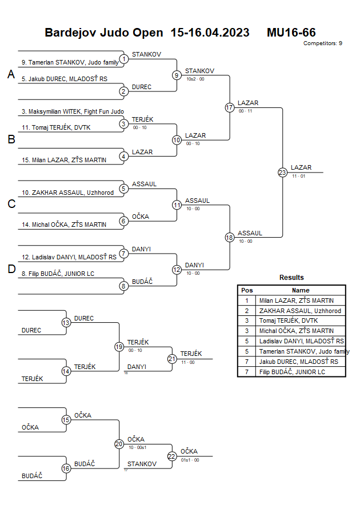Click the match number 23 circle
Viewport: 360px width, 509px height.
pyautogui.click(x=282, y=173)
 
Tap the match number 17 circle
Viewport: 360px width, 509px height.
pyautogui.click(x=230, y=107)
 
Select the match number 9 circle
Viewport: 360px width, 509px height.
pyautogui.click(x=177, y=75)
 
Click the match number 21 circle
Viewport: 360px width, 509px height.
pyautogui.click(x=172, y=359)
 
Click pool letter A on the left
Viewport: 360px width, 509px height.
pyautogui.click(x=11, y=74)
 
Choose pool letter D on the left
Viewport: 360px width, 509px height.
pyautogui.click(x=11, y=269)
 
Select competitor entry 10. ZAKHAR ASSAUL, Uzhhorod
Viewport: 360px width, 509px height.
pyautogui.click(x=67, y=193)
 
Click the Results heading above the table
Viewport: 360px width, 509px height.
pyautogui.click(x=291, y=278)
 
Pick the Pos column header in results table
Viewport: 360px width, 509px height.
pyautogui.click(x=247, y=290)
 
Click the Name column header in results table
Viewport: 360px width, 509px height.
pyautogui.click(x=301, y=290)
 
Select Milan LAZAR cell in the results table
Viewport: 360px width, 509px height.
pyautogui.click(x=296, y=300)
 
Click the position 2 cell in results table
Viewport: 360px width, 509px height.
pyautogui.click(x=247, y=311)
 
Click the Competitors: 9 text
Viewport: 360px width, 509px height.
pyautogui.click(x=323, y=43)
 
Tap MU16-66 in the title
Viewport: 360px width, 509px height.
pyautogui.click(x=291, y=33)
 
